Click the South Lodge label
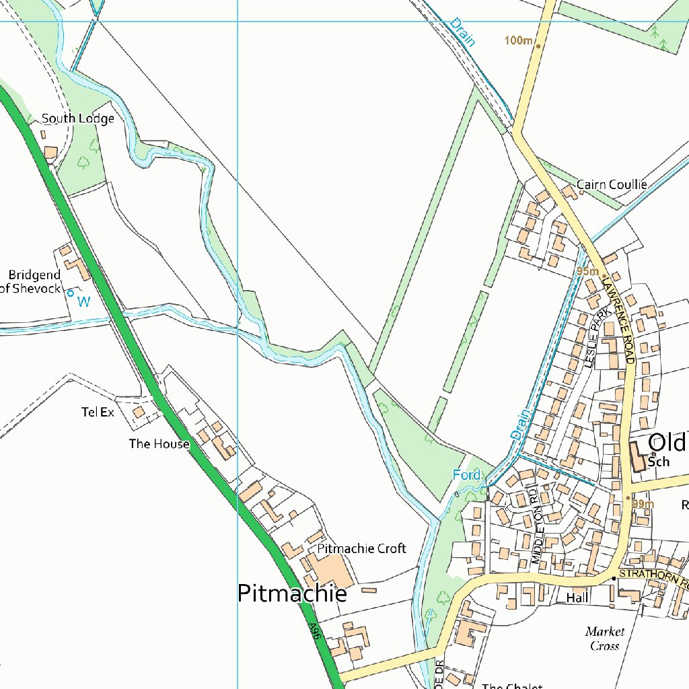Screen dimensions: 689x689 (x=77, y=118)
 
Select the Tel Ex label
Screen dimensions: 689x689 (x=98, y=412)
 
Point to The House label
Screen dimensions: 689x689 (x=159, y=444)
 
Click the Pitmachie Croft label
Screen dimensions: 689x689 (x=361, y=548)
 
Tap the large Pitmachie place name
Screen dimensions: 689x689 (x=292, y=593)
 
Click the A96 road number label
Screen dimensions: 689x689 (x=313, y=631)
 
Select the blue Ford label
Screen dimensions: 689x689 (x=466, y=475)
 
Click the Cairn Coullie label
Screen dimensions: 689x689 (x=612, y=184)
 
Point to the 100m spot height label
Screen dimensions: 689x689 (x=518, y=41)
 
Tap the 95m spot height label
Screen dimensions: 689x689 (x=587, y=271)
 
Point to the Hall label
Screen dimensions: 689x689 (x=577, y=597)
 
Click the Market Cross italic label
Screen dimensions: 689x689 (x=604, y=639)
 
